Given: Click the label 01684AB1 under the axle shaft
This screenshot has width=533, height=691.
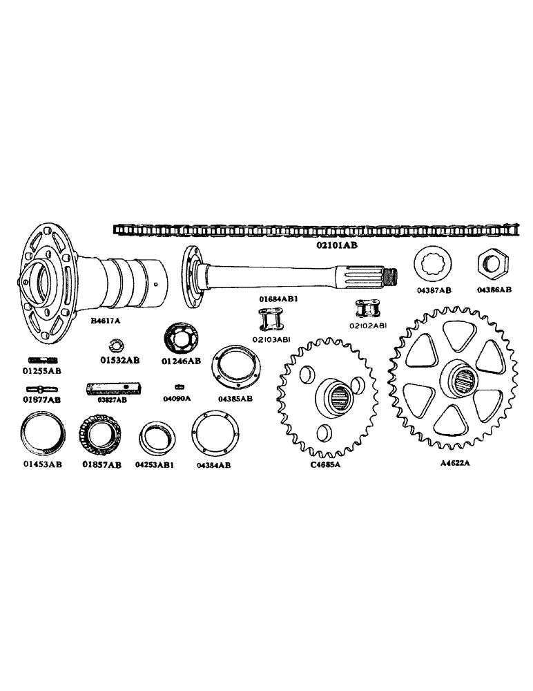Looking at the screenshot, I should [x=278, y=299].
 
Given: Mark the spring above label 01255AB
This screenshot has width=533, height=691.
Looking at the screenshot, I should [x=43, y=360].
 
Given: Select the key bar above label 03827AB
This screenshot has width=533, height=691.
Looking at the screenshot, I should [x=113, y=388].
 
